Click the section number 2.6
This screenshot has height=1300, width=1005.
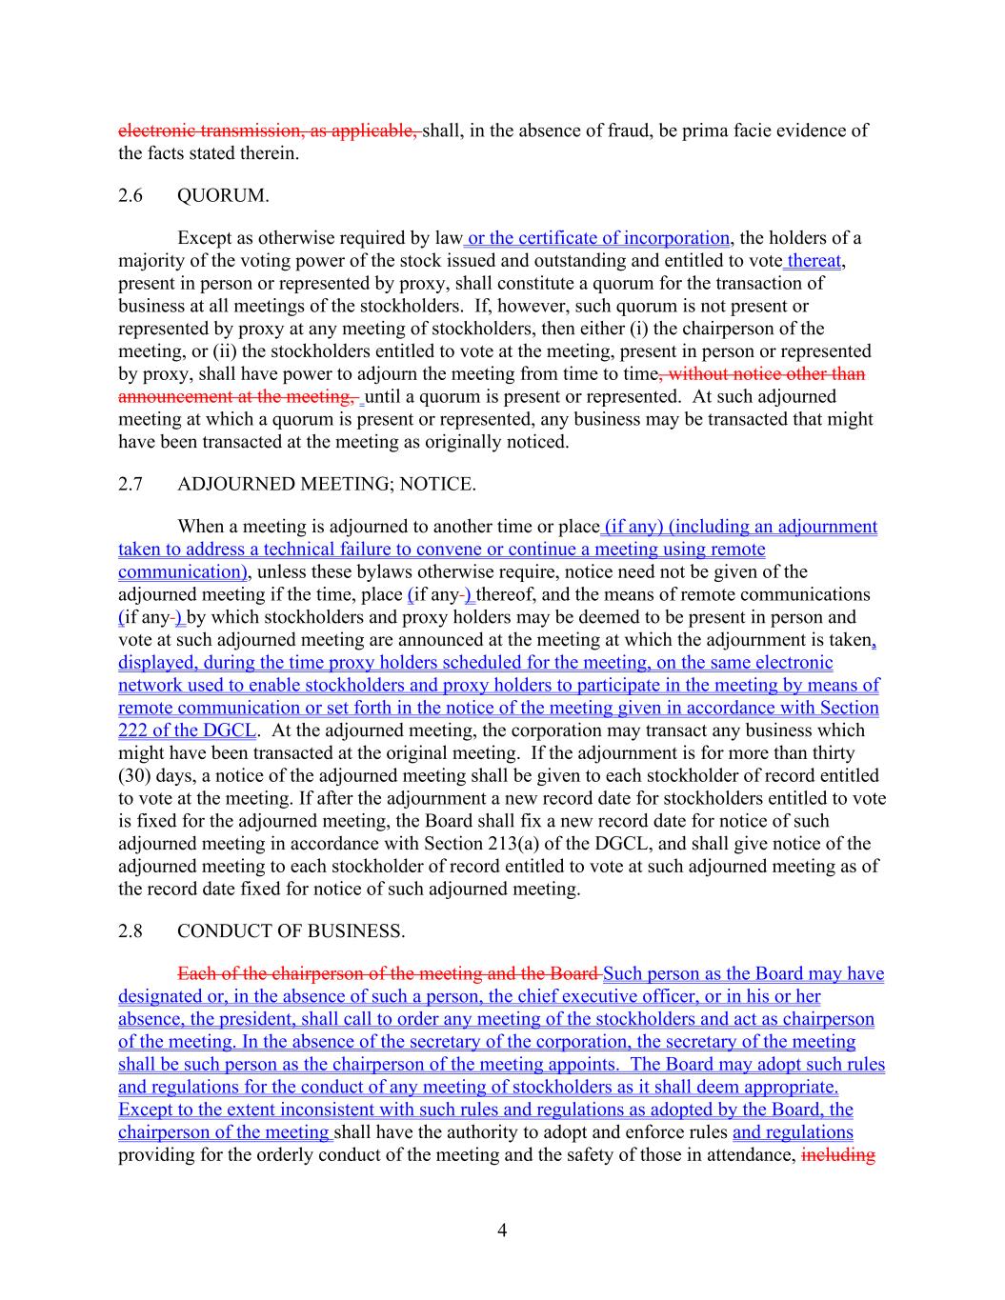[131, 196]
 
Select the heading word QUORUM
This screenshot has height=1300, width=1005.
[223, 196]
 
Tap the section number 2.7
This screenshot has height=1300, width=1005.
[131, 485]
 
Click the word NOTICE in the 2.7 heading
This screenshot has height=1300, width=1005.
[437, 485]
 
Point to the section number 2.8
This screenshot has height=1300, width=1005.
[131, 931]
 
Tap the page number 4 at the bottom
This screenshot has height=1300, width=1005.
[502, 1230]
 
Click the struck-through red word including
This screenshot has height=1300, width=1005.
[838, 1155]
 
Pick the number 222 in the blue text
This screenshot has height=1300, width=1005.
[133, 730]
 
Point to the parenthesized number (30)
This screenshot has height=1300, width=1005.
[138, 776]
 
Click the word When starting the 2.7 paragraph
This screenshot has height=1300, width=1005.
[200, 527]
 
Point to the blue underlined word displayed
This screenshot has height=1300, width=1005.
[157, 663]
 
